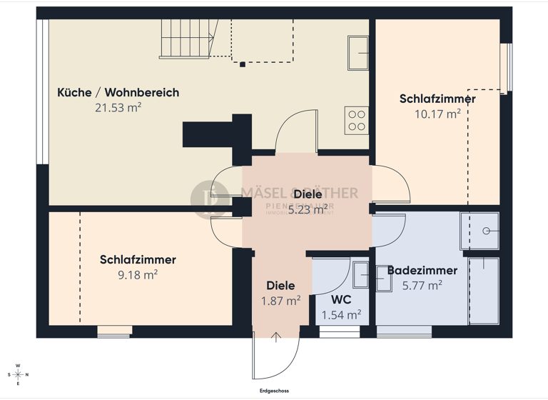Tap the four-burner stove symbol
356,120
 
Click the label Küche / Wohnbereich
118,93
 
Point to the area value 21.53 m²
118,108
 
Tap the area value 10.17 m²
437,114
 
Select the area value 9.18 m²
138,274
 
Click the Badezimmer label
422,271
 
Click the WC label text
340,299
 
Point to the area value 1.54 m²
340,314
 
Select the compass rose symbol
17,374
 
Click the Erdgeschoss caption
274,391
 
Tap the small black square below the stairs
243,64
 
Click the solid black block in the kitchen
210,134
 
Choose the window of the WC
340,331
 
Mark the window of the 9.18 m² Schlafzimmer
114,331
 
